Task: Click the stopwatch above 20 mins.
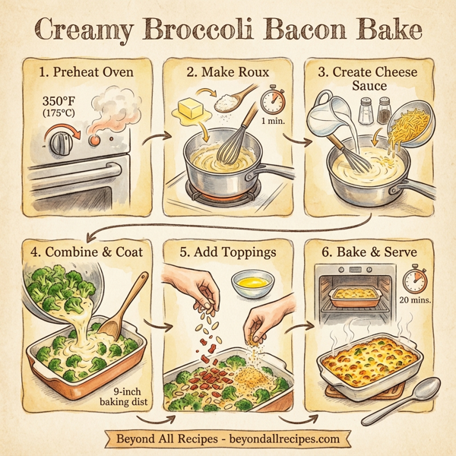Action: [x=414, y=280]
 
